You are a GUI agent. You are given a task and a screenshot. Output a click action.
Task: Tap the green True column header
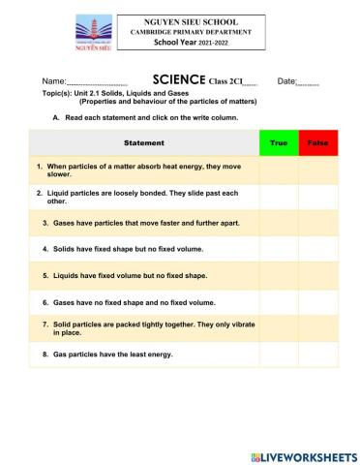[279, 143]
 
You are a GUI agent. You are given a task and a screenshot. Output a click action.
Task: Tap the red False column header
[317, 143]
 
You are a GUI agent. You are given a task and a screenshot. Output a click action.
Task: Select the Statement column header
[144, 143]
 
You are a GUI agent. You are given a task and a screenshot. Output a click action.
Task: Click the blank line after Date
[308, 83]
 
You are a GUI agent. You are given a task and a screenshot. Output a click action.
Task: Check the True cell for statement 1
[279, 170]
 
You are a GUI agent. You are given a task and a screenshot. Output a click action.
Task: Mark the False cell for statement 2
[317, 198]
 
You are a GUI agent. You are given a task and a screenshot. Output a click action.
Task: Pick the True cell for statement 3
[279, 223]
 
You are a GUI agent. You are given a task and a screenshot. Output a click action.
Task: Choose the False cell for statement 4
[317, 249]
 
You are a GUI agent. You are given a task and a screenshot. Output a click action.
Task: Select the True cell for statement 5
[279, 275]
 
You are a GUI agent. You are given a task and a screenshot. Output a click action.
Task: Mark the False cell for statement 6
[317, 301]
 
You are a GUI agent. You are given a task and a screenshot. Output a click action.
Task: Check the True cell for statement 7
[279, 327]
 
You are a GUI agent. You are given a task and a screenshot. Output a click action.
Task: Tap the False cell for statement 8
[317, 355]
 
